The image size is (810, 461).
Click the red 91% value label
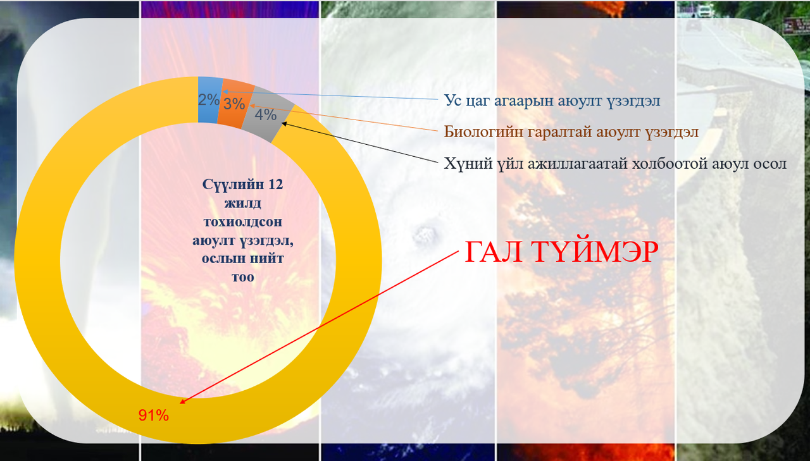(x=153, y=415)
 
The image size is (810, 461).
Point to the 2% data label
(x=209, y=100)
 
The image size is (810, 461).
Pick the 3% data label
(x=234, y=104)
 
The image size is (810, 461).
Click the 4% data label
(x=265, y=115)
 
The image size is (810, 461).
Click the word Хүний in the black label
(x=464, y=164)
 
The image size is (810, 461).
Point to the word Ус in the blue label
(x=452, y=101)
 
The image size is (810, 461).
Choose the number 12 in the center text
(x=275, y=185)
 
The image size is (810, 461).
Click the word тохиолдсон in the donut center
(x=242, y=222)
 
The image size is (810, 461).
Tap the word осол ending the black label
(x=770, y=164)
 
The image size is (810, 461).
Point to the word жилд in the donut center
(x=242, y=204)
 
